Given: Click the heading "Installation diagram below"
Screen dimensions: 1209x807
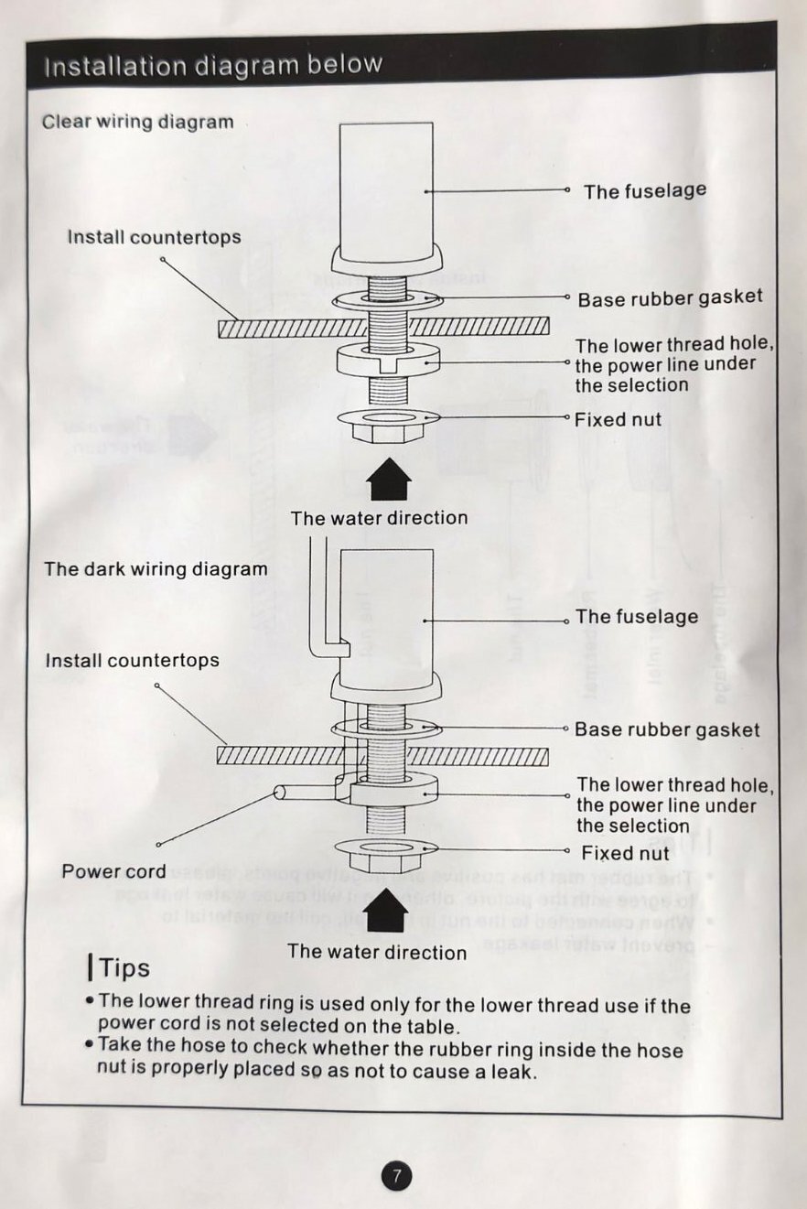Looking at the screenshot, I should pos(212,66).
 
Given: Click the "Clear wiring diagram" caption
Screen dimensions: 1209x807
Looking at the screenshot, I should pos(137,122).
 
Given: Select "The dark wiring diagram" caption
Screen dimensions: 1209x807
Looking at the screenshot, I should pos(156,568).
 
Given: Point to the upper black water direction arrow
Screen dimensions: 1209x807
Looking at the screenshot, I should pos(389,481).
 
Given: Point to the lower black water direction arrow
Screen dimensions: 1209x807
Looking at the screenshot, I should pos(387,912).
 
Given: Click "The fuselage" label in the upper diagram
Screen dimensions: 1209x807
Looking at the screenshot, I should pos(645,190).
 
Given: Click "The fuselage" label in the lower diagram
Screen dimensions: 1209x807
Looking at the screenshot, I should pos(637,617).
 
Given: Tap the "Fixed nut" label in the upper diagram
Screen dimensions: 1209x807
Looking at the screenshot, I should pos(618,420).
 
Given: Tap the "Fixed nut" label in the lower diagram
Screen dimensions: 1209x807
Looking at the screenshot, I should pos(626,854).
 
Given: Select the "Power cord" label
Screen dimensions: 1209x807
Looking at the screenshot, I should pos(113,871).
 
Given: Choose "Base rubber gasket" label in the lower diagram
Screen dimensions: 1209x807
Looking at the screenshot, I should pos(667,729).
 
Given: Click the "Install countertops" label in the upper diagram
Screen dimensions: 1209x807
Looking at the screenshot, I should pos(154,237).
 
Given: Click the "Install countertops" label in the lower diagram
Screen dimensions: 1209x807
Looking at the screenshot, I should pos(133,660).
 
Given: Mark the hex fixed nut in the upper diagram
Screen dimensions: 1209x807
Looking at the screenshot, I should pos(389,422).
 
